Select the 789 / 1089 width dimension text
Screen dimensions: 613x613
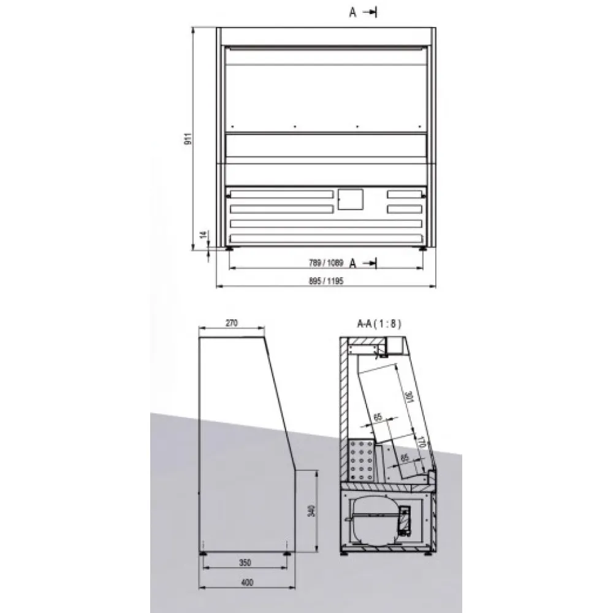[x=326, y=264]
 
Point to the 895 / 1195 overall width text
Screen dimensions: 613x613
[x=326, y=281]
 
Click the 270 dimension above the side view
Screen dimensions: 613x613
[x=231, y=322]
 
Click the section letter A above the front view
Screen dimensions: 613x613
[x=353, y=13]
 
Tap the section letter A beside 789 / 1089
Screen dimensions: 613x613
[x=353, y=264]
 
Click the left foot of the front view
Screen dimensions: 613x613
[x=230, y=248]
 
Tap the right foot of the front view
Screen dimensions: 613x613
[x=423, y=248]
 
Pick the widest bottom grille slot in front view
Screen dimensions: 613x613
[x=326, y=238]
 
